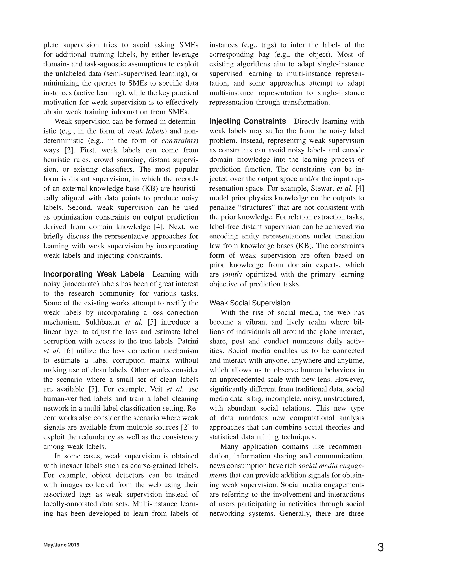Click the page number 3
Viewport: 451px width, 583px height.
coord(381,548)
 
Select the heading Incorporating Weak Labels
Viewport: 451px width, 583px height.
coord(94,274)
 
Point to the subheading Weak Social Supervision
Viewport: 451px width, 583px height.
coord(250,303)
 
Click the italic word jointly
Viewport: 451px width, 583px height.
coord(232,274)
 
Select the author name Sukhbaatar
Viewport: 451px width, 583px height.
coord(103,322)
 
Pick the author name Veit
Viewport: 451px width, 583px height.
coord(156,389)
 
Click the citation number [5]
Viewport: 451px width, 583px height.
coord(152,322)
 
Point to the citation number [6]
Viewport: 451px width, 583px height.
coord(69,351)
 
